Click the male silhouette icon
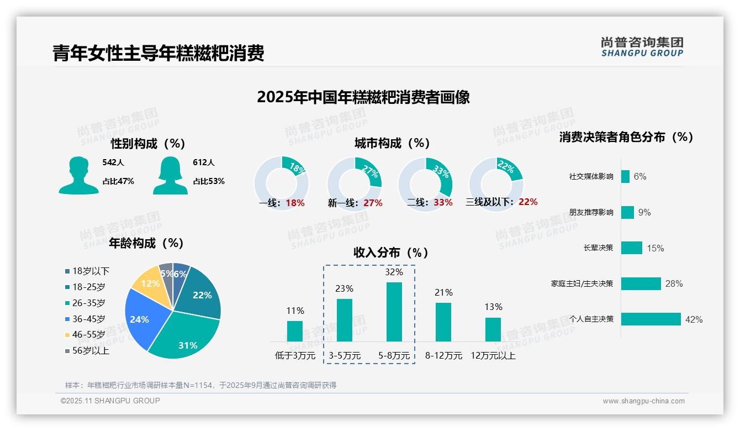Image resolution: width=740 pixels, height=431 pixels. pos(78,175)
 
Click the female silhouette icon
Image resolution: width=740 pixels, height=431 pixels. pos(170,175)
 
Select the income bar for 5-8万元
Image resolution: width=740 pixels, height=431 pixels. pos(394,312)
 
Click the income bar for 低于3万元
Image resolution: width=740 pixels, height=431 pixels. pos(295,331)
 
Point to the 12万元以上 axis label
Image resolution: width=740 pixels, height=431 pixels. pos(493,356)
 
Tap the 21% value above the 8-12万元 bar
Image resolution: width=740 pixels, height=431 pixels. pos(443,293)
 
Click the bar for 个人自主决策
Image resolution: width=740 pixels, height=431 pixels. pos(651,319)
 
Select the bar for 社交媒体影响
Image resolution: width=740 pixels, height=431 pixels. pos(625,176)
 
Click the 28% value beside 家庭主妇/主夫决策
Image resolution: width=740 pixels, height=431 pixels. pos(674,284)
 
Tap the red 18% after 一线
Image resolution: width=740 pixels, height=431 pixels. pos(295,203)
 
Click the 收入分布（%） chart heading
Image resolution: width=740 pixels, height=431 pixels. pos(391,253)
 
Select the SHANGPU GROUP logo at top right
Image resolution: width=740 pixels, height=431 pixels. pos(642,47)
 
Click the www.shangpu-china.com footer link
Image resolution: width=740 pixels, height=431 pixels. pos(643,401)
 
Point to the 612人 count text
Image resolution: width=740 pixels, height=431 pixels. pos(204,162)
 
